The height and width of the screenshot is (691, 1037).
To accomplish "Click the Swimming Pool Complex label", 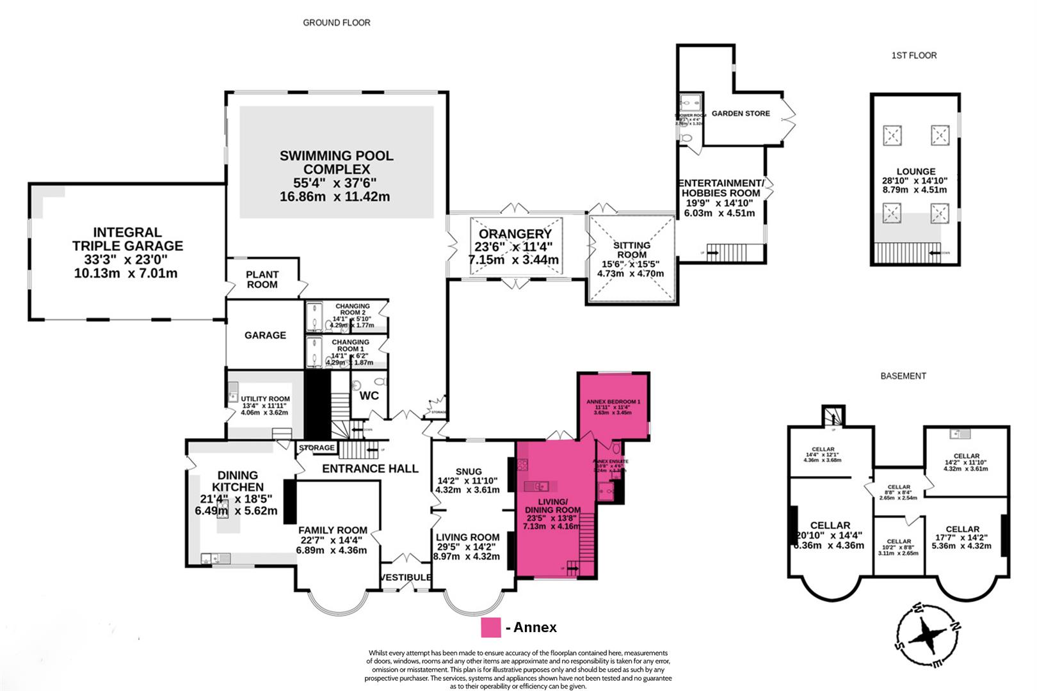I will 336,163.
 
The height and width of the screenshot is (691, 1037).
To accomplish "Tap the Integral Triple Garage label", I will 127,239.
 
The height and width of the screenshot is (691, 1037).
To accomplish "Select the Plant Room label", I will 262,280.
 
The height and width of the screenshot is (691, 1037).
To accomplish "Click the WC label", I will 369,395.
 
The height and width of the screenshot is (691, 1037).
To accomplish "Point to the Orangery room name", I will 515,234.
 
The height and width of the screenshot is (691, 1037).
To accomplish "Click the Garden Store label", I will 741,113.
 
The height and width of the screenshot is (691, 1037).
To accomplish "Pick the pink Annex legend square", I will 491,627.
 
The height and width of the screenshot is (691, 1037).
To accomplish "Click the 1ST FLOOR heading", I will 913,56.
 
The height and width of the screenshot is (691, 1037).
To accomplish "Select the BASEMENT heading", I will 903,376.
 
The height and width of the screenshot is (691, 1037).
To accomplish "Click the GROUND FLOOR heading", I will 336,22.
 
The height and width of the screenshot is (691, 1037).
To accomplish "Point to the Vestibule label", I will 405,578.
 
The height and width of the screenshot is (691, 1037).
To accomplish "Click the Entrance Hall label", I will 370,468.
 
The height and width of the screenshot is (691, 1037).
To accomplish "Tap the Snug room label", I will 469,472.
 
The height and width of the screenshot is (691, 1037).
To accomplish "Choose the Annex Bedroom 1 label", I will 613,402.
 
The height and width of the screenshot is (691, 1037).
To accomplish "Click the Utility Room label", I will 265,399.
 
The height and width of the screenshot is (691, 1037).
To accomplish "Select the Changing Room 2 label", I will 352,310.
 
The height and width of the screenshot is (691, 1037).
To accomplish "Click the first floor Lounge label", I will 915,171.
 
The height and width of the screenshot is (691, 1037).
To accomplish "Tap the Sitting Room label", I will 631,250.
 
